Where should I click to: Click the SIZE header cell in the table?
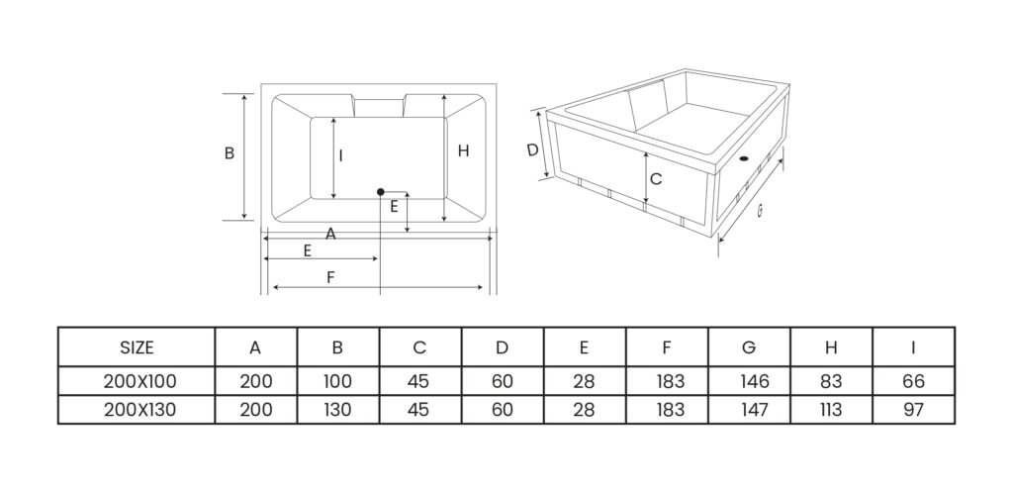tap(137, 347)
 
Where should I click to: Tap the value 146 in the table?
tap(748, 381)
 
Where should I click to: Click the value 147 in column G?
tap(748, 410)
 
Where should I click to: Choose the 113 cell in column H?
tap(830, 410)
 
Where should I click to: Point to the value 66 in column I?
tap(912, 381)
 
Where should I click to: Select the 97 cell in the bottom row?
tap(912, 410)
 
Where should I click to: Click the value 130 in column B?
tap(337, 410)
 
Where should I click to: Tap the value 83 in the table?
tap(830, 381)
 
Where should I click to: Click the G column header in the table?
tap(748, 347)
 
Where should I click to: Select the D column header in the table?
tap(502, 347)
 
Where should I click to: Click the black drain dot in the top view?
tap(380, 191)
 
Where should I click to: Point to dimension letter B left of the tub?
tap(229, 153)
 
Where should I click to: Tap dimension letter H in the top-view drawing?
tap(463, 150)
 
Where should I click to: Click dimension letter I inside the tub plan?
tap(340, 154)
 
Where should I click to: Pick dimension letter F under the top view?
tap(330, 278)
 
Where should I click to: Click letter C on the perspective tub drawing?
tap(655, 179)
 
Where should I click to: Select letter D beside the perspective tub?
tap(532, 150)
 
